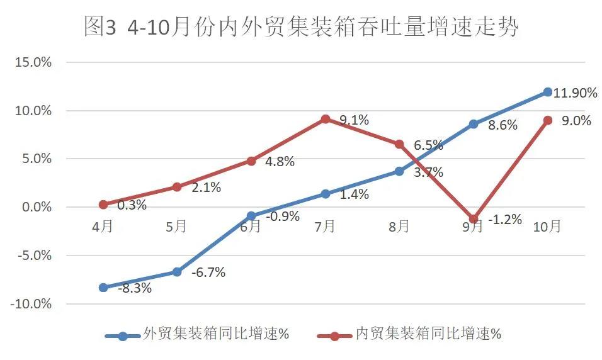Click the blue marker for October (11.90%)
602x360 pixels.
pyautogui.click(x=547, y=92)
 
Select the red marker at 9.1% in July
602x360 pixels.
pyautogui.click(x=325, y=119)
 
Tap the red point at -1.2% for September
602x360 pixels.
pyautogui.click(x=474, y=219)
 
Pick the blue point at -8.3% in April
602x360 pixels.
pyautogui.click(x=103, y=288)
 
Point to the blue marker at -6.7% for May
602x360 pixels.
pyautogui.click(x=177, y=272)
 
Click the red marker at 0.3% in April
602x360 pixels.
pyautogui.click(x=103, y=205)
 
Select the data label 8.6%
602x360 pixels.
pyautogui.click(x=503, y=125)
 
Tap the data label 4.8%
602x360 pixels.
pyautogui.click(x=280, y=161)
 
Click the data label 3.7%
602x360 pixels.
pyautogui.click(x=428, y=172)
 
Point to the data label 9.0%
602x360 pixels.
pyautogui.click(x=576, y=121)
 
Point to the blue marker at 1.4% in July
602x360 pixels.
pyautogui.click(x=325, y=194)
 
